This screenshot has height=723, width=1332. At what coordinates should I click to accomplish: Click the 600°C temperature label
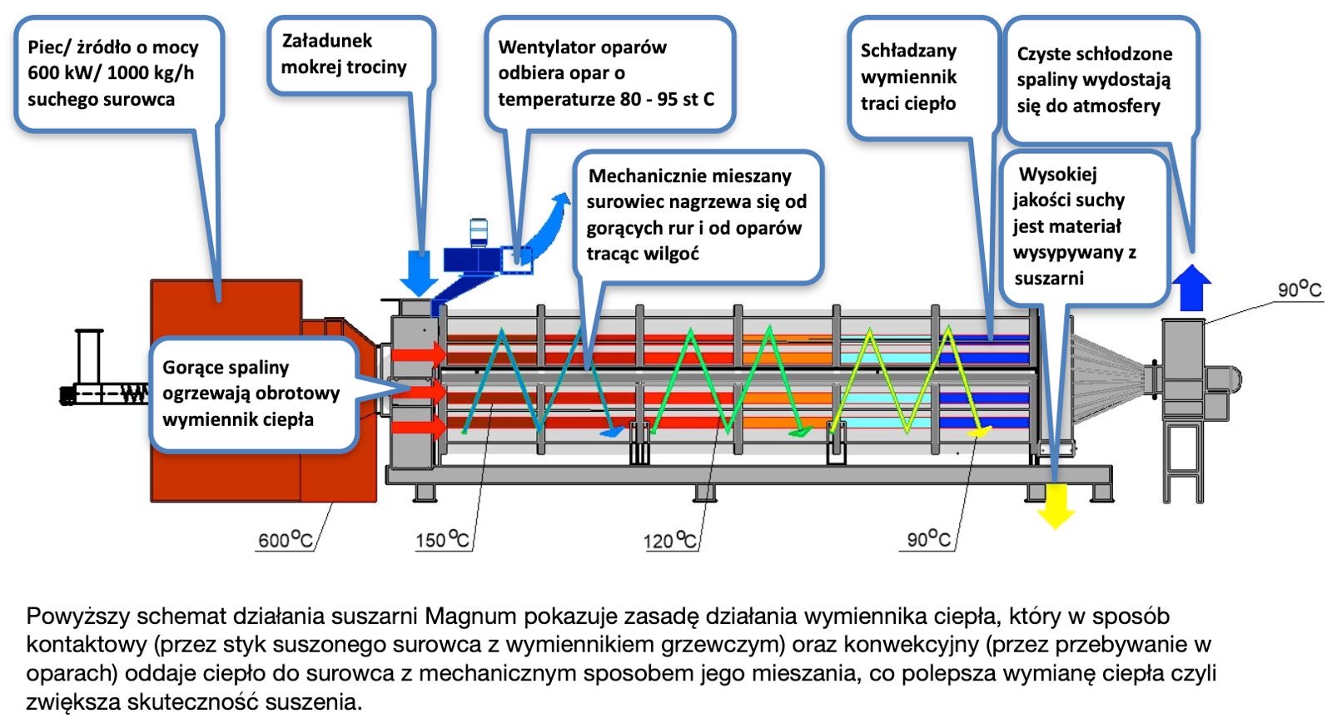pyautogui.click(x=285, y=540)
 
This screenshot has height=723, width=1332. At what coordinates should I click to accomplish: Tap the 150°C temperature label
pyautogui.click(x=442, y=540)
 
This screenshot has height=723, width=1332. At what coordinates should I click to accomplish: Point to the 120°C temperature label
pyautogui.click(x=668, y=541)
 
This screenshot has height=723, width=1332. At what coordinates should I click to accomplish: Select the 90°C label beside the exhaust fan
pyautogui.click(x=1299, y=290)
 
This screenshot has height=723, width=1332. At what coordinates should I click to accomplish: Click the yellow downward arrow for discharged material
pyautogui.click(x=1056, y=503)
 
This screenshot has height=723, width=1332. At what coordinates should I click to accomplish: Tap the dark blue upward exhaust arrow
pyautogui.click(x=1191, y=287)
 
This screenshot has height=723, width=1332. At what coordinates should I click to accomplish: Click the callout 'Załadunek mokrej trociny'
pyautogui.click(x=350, y=54)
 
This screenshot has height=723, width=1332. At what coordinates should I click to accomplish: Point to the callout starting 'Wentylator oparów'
pyautogui.click(x=609, y=73)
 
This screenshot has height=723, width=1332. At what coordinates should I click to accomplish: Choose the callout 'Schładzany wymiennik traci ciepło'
pyautogui.click(x=922, y=77)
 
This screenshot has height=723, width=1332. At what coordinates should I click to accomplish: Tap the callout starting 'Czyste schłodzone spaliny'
pyautogui.click(x=1100, y=80)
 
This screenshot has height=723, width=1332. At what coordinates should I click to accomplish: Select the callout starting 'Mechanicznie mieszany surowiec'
pyautogui.click(x=698, y=215)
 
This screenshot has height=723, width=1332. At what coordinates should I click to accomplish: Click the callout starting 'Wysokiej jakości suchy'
pyautogui.click(x=1080, y=226)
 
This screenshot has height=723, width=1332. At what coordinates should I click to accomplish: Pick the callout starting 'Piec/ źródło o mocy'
pyautogui.click(x=117, y=73)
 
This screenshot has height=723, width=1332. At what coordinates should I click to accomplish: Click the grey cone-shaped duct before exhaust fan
pyautogui.click(x=1111, y=374)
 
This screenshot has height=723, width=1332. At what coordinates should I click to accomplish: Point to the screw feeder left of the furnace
pyautogui.click(x=104, y=393)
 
